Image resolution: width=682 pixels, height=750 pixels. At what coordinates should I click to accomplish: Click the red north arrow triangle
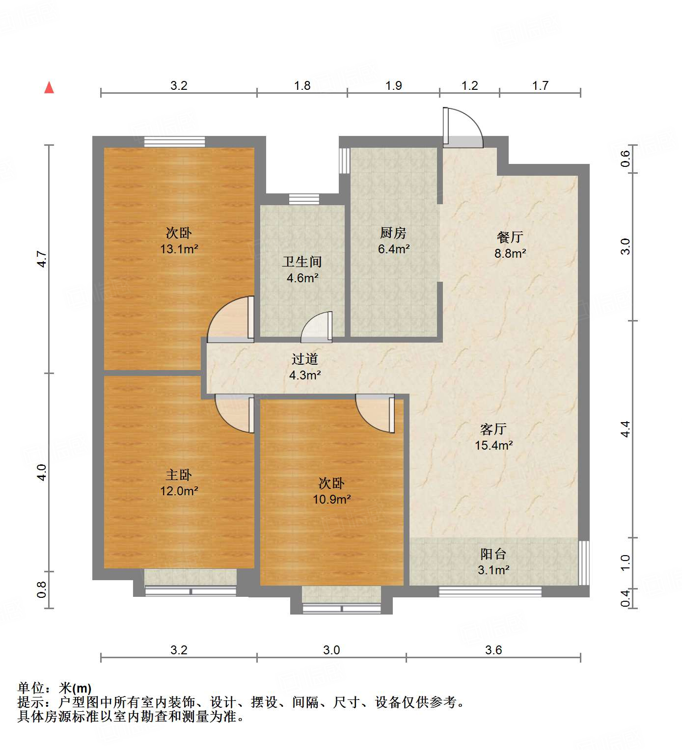pyautogui.click(x=49, y=87)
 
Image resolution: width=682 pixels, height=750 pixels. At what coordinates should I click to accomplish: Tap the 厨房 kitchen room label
pyautogui.click(x=393, y=233)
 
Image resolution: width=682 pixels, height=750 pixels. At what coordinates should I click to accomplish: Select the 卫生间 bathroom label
pyautogui.click(x=302, y=262)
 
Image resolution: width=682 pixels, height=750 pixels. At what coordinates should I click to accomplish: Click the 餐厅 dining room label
pyautogui.click(x=510, y=237)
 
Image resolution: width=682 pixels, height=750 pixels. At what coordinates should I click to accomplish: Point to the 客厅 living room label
pyautogui.click(x=493, y=429)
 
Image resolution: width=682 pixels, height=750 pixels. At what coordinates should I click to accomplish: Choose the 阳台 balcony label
pyautogui.click(x=493, y=554)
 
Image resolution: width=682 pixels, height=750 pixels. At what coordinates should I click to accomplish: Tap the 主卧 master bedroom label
pyautogui.click(x=179, y=475)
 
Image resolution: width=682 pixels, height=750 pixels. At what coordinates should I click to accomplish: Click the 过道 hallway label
pyautogui.click(x=305, y=359)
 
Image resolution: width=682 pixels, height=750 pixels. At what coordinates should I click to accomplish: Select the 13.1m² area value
pyautogui.click(x=179, y=249)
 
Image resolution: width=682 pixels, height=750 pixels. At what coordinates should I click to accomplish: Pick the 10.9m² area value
pyautogui.click(x=332, y=499)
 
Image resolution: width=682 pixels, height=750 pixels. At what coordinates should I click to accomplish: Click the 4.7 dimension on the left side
pyautogui.click(x=42, y=259)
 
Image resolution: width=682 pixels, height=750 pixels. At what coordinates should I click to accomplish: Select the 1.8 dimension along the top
pyautogui.click(x=302, y=86)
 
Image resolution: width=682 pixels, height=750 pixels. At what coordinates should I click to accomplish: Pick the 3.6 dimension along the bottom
pyautogui.click(x=493, y=650)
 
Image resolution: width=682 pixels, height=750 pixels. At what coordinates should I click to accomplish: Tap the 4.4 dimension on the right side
pyautogui.click(x=625, y=429)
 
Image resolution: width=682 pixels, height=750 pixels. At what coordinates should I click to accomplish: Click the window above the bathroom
pyautogui.click(x=304, y=199)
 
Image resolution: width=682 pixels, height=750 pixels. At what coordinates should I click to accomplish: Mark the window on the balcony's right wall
pyautogui.click(x=583, y=562)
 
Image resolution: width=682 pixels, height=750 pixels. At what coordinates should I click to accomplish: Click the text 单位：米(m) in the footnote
pyautogui.click(x=55, y=688)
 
